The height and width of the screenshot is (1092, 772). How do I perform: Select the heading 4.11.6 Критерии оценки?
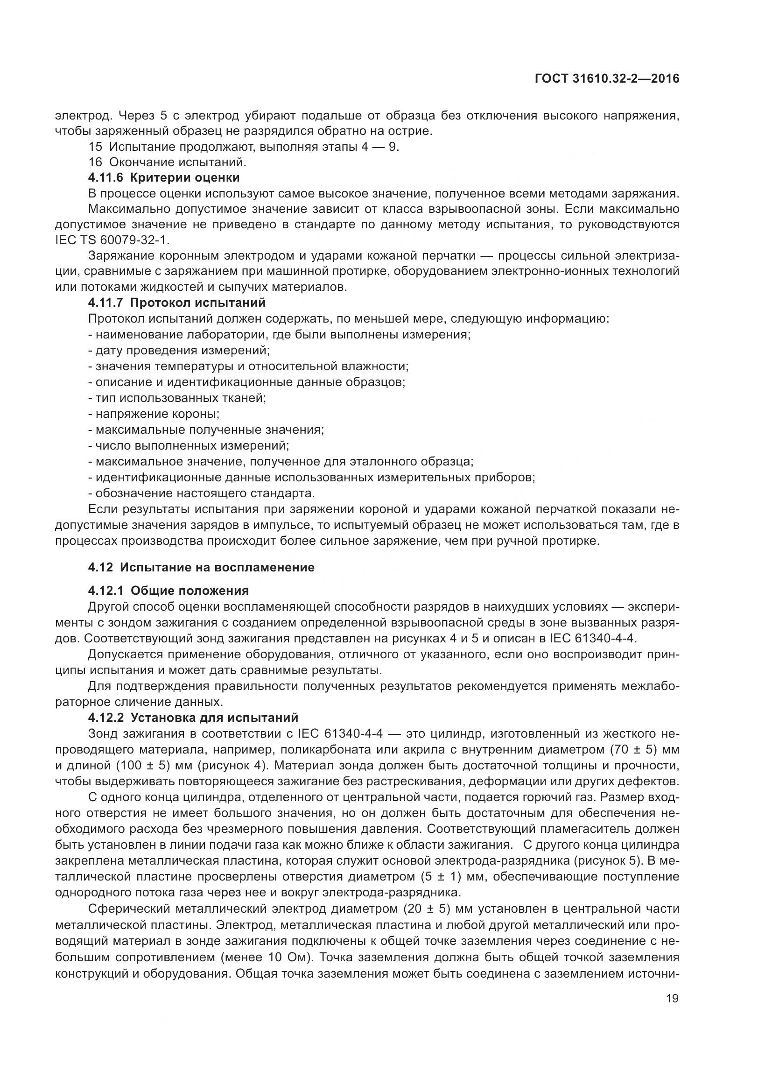click(x=164, y=178)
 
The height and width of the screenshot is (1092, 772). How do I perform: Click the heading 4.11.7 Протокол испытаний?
click(x=177, y=303)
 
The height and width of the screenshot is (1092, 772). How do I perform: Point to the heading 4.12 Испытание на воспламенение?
click(x=201, y=567)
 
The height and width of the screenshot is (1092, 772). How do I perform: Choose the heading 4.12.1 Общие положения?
click(x=168, y=591)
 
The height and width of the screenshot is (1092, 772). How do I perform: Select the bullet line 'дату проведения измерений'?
click(x=179, y=351)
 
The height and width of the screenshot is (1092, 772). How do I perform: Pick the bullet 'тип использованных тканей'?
click(x=177, y=398)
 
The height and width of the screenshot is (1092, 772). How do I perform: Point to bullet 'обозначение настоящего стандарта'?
click(x=202, y=493)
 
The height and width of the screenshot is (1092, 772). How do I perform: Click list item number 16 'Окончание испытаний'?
click(x=168, y=162)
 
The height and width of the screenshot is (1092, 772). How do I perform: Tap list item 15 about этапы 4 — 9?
click(x=244, y=147)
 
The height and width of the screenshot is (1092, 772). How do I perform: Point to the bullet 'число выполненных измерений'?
click(x=189, y=446)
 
